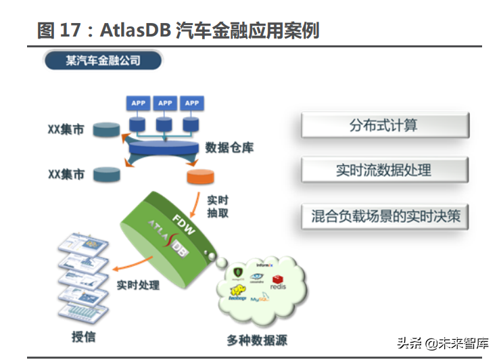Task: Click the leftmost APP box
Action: pos(139,103)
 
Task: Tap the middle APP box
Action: pos(165,103)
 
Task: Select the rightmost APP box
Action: pos(192,103)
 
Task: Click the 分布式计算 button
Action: pos(385,126)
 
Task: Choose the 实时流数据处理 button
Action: pos(385,170)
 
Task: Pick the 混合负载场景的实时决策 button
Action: pos(385,217)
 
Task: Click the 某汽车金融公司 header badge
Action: pos(103,61)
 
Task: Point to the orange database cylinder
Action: pos(200,177)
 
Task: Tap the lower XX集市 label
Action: pos(66,174)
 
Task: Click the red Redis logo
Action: pos(278,282)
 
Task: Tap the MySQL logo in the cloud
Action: pos(260,298)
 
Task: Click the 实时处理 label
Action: pos(138,286)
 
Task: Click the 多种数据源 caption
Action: pos(257,340)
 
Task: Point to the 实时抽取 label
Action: pos(217,206)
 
